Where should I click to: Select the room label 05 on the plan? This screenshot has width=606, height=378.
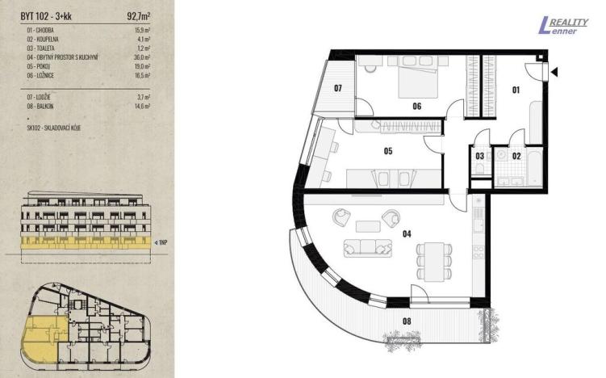point(387,149)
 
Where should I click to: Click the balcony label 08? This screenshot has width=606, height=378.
point(406,321)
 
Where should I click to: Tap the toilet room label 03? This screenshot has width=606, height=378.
point(480,155)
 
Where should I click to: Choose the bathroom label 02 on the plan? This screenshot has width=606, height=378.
point(517,155)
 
